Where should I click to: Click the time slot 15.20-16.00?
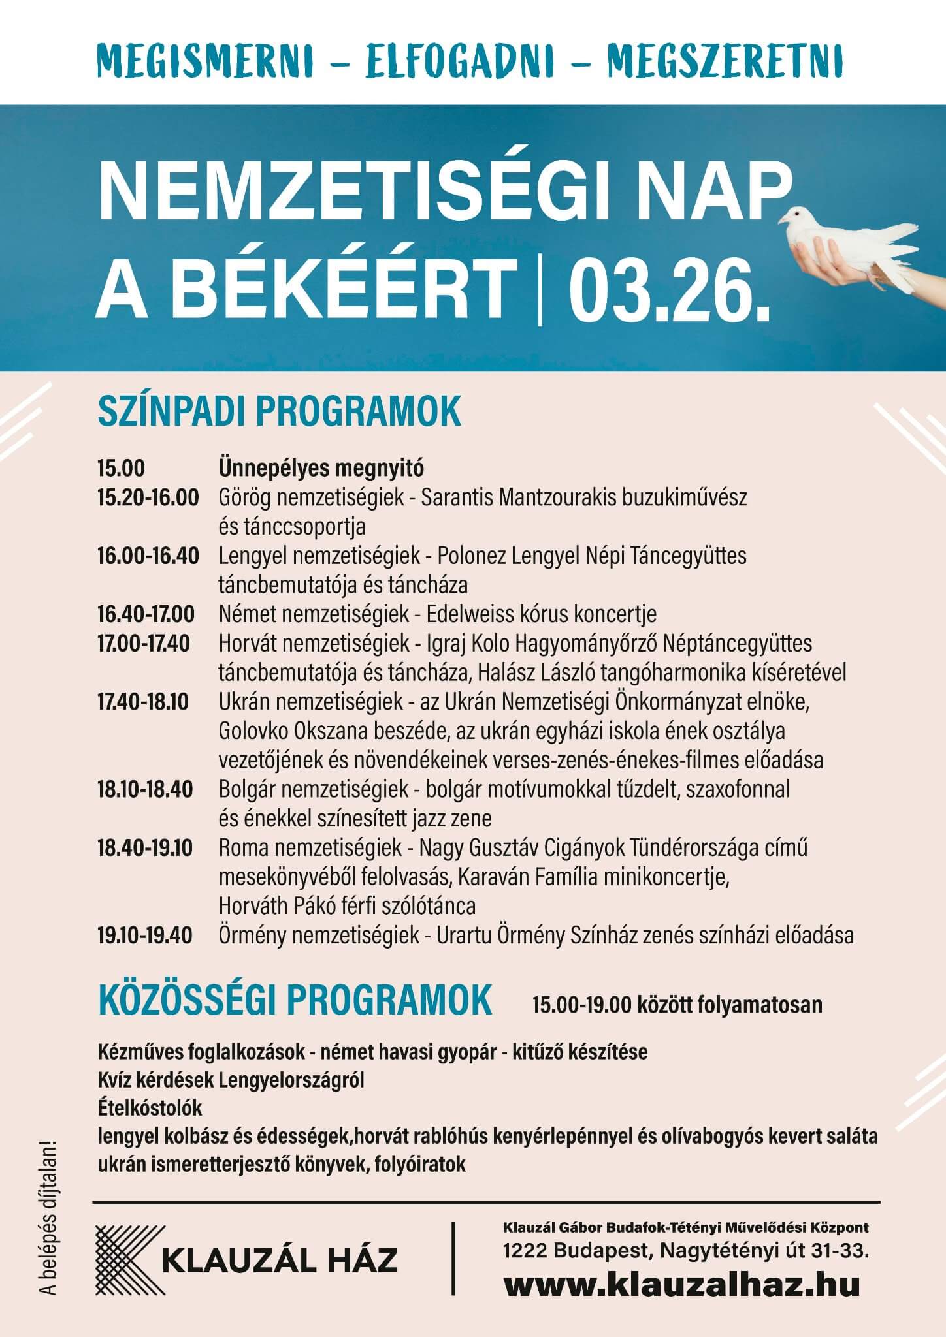[x=148, y=498]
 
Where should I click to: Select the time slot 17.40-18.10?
[x=143, y=702]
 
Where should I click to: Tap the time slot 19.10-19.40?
[x=145, y=936]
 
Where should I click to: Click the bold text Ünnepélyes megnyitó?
[x=321, y=469]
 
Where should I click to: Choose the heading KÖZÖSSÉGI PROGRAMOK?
[x=295, y=998]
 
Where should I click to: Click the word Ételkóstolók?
[x=150, y=1108]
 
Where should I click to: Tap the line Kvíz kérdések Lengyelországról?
[x=231, y=1080]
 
